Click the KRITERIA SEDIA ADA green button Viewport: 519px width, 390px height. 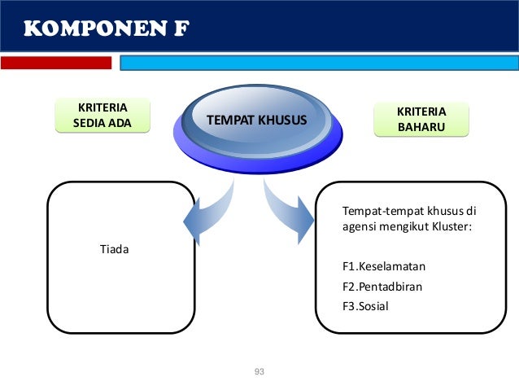point(102,116)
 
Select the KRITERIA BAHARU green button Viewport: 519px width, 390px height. point(421,118)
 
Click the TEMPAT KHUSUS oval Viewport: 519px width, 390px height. point(257,121)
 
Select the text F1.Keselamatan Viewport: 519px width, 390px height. point(384,266)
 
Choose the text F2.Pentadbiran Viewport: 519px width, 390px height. point(382,287)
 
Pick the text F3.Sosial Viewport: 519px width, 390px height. point(366,307)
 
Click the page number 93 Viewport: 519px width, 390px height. point(259,372)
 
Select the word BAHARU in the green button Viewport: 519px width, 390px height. point(421,126)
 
